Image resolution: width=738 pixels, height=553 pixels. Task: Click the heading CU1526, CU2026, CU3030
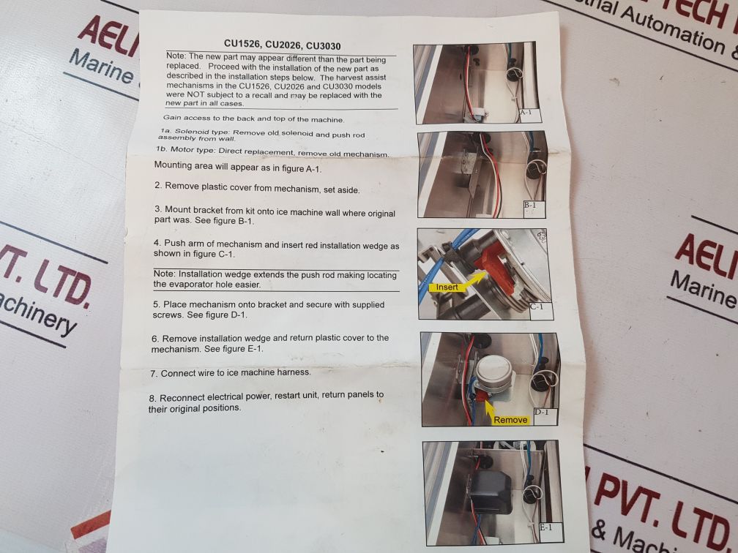(283, 45)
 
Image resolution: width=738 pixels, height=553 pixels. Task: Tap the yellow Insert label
(447, 287)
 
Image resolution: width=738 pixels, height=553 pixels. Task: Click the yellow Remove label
(510, 419)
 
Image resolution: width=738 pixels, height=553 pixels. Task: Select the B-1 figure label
(529, 205)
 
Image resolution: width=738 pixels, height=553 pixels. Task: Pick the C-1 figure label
(537, 306)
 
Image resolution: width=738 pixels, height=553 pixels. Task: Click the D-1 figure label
(541, 412)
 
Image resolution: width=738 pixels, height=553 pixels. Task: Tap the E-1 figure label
(545, 527)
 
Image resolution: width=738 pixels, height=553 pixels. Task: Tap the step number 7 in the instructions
(154, 374)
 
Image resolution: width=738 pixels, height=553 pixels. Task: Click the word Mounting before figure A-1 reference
(174, 165)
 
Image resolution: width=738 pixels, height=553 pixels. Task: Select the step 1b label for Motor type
(161, 149)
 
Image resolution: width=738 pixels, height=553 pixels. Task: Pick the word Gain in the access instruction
(172, 118)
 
